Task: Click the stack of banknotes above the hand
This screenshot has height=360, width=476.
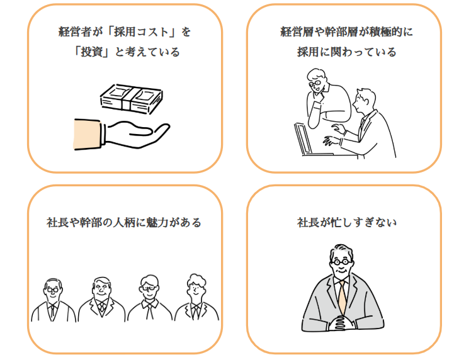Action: point(132,98)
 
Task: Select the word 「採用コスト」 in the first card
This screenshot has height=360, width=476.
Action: point(139,30)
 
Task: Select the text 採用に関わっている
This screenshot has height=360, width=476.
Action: point(347,52)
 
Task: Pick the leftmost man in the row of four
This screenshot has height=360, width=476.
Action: point(53,300)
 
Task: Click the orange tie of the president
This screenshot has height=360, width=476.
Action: point(342,296)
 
